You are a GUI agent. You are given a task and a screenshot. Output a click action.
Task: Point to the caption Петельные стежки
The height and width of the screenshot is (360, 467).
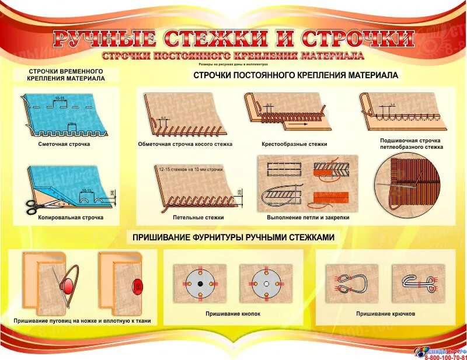click(x=190, y=217)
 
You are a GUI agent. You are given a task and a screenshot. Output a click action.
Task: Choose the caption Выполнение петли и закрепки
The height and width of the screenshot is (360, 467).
click(x=299, y=217)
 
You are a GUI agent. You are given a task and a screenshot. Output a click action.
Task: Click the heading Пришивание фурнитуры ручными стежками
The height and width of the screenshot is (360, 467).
click(x=233, y=237)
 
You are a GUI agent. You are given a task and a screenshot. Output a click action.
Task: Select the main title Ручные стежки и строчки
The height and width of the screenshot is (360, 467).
click(x=233, y=39)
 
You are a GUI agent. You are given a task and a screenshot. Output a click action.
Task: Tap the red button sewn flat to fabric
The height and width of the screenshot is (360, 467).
click(x=138, y=286)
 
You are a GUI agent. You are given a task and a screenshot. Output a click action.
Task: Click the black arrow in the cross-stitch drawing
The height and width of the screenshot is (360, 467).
click(x=298, y=124)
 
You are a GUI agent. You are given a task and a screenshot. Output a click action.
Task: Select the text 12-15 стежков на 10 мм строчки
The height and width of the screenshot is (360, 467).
click(x=190, y=169)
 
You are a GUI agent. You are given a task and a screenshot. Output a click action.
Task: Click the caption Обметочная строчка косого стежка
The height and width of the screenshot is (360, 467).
click(x=185, y=144)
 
